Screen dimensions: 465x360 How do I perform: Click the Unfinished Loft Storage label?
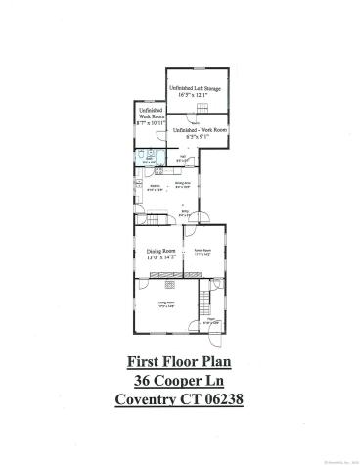click(x=197, y=89)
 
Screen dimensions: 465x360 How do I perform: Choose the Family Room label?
click(x=202, y=250)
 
